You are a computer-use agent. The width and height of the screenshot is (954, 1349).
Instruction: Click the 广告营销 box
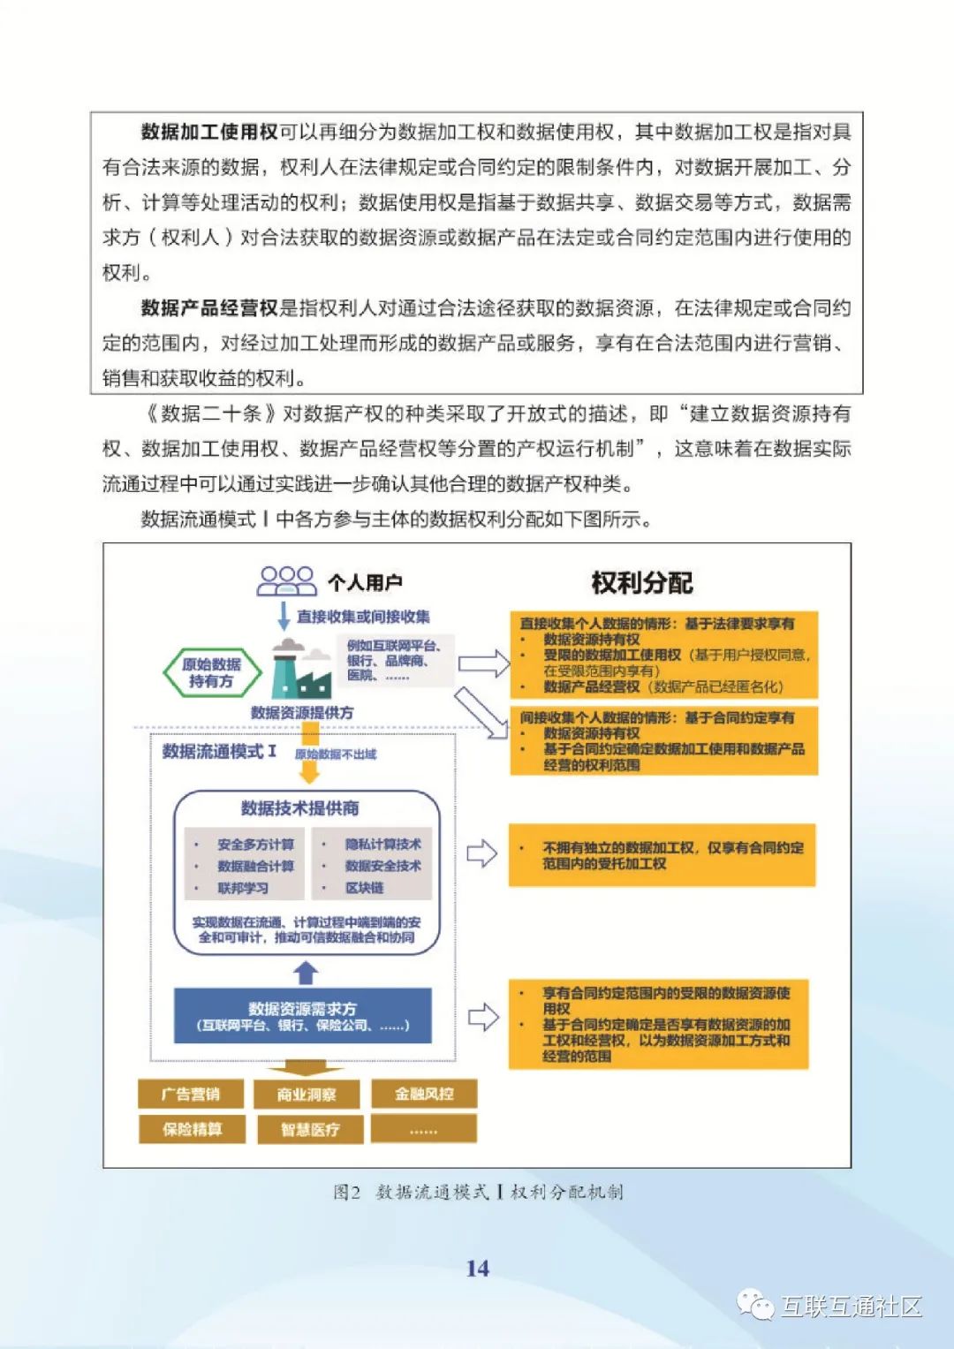(191, 1094)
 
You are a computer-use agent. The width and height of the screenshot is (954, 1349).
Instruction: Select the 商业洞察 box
(307, 1095)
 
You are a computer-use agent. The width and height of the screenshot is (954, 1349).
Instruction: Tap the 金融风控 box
(424, 1094)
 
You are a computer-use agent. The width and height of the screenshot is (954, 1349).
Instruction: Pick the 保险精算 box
(191, 1129)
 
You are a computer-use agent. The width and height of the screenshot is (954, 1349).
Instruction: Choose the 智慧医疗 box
(309, 1129)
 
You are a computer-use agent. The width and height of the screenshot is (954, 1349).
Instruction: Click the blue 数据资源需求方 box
(302, 1016)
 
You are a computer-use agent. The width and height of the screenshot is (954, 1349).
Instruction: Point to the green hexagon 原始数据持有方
(212, 673)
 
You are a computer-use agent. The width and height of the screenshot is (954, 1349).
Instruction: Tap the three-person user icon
(286, 580)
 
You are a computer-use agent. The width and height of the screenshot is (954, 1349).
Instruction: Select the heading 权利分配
(642, 583)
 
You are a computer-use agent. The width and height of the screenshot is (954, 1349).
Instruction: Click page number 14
(477, 1269)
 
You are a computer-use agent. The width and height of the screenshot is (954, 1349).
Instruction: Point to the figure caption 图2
(347, 1192)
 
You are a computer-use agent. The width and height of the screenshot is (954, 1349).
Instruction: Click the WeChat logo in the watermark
(756, 1305)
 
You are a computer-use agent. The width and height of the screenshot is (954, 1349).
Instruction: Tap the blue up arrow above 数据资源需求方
(306, 973)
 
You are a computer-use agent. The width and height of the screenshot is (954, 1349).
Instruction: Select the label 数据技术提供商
(300, 808)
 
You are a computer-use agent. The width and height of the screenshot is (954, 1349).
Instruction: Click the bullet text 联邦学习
(243, 888)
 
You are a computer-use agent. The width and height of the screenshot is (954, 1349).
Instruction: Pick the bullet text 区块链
(365, 888)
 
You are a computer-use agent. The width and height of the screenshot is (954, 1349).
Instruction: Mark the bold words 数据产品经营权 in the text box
(209, 308)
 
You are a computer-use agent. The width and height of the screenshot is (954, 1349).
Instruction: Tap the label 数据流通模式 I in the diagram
(219, 752)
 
